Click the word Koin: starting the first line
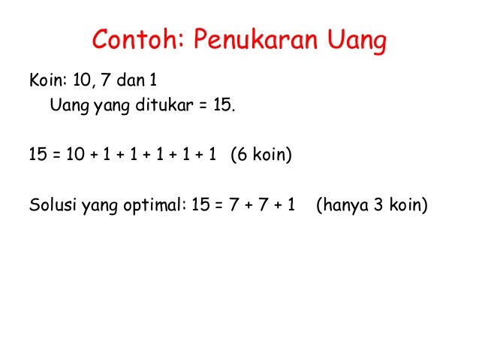pos(47,79)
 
